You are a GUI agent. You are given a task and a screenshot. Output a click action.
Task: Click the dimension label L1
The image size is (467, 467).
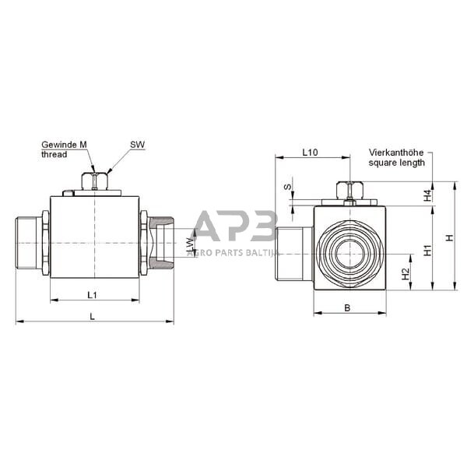click(92, 295)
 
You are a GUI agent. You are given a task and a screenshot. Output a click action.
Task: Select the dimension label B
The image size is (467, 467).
click(348, 308)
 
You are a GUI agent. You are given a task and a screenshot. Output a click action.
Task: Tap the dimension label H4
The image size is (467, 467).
click(427, 195)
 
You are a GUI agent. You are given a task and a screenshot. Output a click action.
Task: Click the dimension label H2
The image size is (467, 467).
click(406, 274)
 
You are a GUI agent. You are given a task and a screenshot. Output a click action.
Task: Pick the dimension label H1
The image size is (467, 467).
click(427, 250)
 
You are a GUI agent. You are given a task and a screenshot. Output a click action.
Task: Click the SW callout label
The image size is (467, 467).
click(137, 145)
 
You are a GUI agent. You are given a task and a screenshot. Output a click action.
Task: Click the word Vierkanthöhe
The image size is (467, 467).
click(397, 153)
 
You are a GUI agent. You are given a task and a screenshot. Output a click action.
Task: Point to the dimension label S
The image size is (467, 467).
click(286, 188)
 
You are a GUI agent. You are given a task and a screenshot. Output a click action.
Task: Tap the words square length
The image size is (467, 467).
click(396, 163)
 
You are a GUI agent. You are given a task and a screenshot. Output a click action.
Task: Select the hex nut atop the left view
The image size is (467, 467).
click(95, 181)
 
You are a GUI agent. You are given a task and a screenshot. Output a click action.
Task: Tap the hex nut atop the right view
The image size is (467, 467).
click(349, 189)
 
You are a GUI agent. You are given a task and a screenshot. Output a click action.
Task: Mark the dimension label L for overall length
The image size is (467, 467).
click(92, 316)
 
